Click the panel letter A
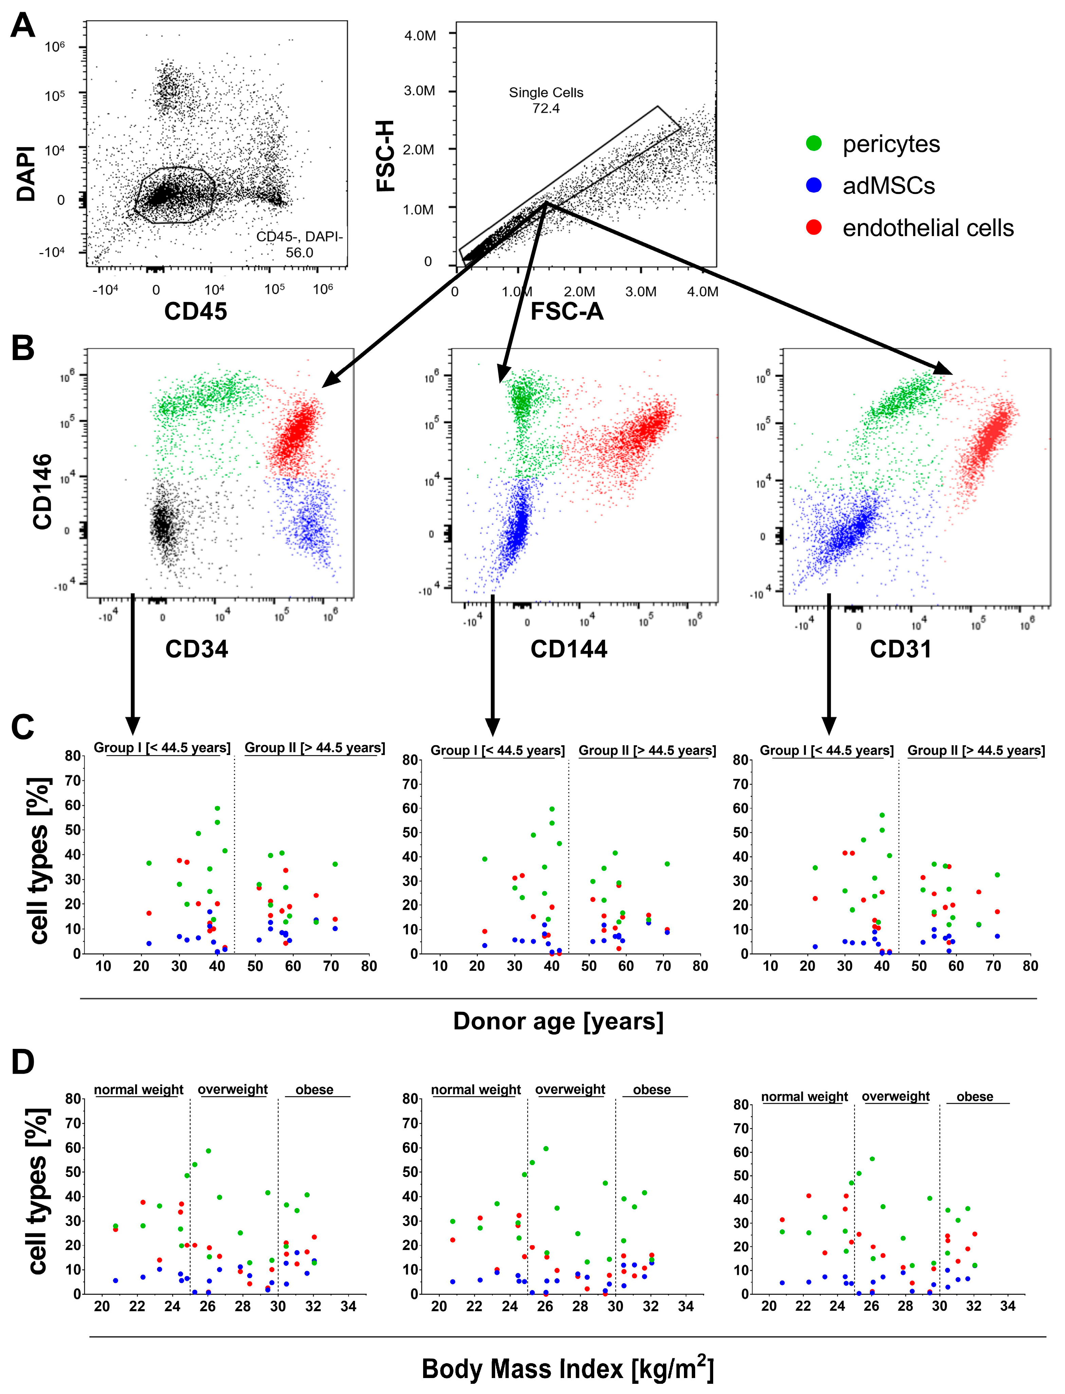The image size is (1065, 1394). click(23, 26)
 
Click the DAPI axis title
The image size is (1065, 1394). click(26, 174)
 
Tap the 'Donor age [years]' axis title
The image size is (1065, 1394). click(558, 1021)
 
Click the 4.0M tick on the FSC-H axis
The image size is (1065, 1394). click(420, 36)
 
